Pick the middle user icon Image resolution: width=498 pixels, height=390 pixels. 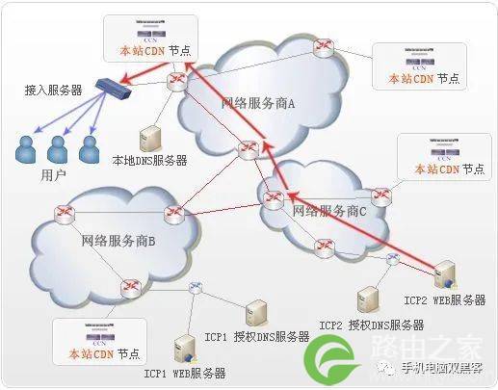click(59, 148)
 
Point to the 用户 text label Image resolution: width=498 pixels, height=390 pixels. click(54, 175)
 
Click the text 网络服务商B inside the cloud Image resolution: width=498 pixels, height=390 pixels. click(118, 240)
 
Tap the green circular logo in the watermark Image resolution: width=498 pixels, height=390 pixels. click(330, 365)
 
